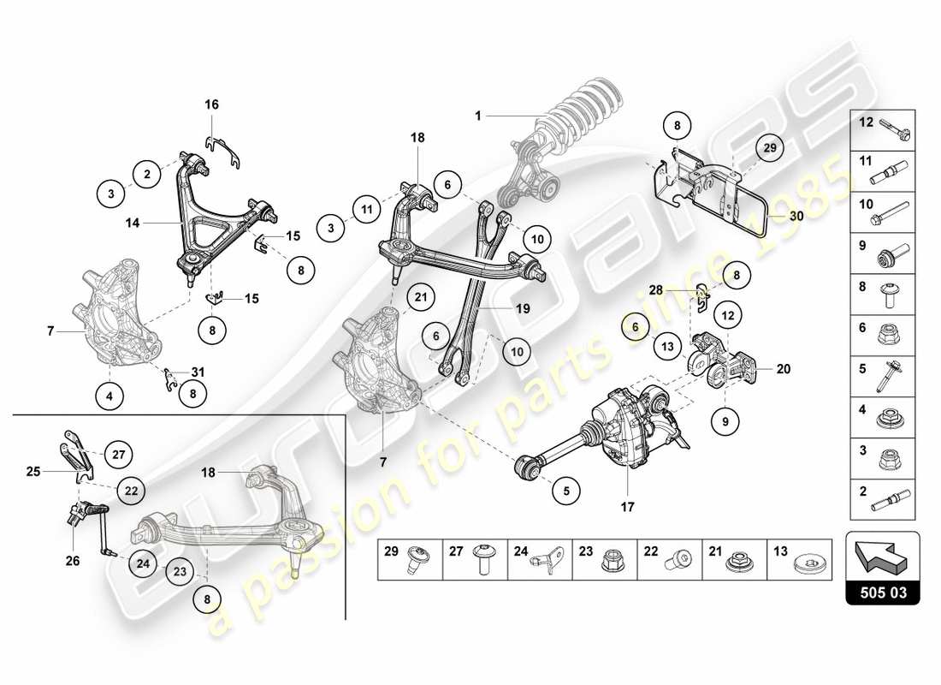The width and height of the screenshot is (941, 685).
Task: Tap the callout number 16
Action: tap(211, 104)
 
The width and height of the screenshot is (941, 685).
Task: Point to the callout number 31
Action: tap(198, 372)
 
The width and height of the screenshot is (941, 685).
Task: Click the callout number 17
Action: tap(627, 507)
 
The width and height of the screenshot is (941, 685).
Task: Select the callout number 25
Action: tap(33, 471)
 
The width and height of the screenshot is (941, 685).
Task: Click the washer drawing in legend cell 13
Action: tap(808, 563)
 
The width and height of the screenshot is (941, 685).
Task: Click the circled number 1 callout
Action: tap(479, 114)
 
